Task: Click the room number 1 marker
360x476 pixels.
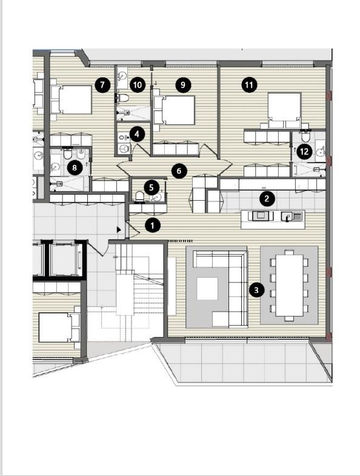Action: point(152,226)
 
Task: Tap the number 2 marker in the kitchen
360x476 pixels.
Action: point(267,198)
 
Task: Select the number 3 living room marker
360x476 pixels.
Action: point(256,290)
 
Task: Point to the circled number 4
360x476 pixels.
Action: point(137,134)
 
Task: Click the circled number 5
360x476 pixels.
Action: point(151,187)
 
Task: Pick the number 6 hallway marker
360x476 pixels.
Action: point(179,171)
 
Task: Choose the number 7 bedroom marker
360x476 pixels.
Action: point(102,85)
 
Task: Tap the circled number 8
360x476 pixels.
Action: point(75,167)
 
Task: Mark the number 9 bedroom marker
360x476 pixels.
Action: point(183,85)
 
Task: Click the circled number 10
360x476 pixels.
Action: point(138,85)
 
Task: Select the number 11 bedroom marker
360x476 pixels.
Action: point(249,85)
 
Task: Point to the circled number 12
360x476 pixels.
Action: point(304,151)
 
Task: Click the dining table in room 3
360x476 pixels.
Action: point(289,286)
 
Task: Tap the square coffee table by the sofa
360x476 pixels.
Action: point(207,289)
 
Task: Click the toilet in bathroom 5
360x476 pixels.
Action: point(139,196)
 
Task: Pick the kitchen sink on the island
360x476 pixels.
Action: point(287,216)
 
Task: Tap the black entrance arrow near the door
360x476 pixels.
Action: point(119,230)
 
